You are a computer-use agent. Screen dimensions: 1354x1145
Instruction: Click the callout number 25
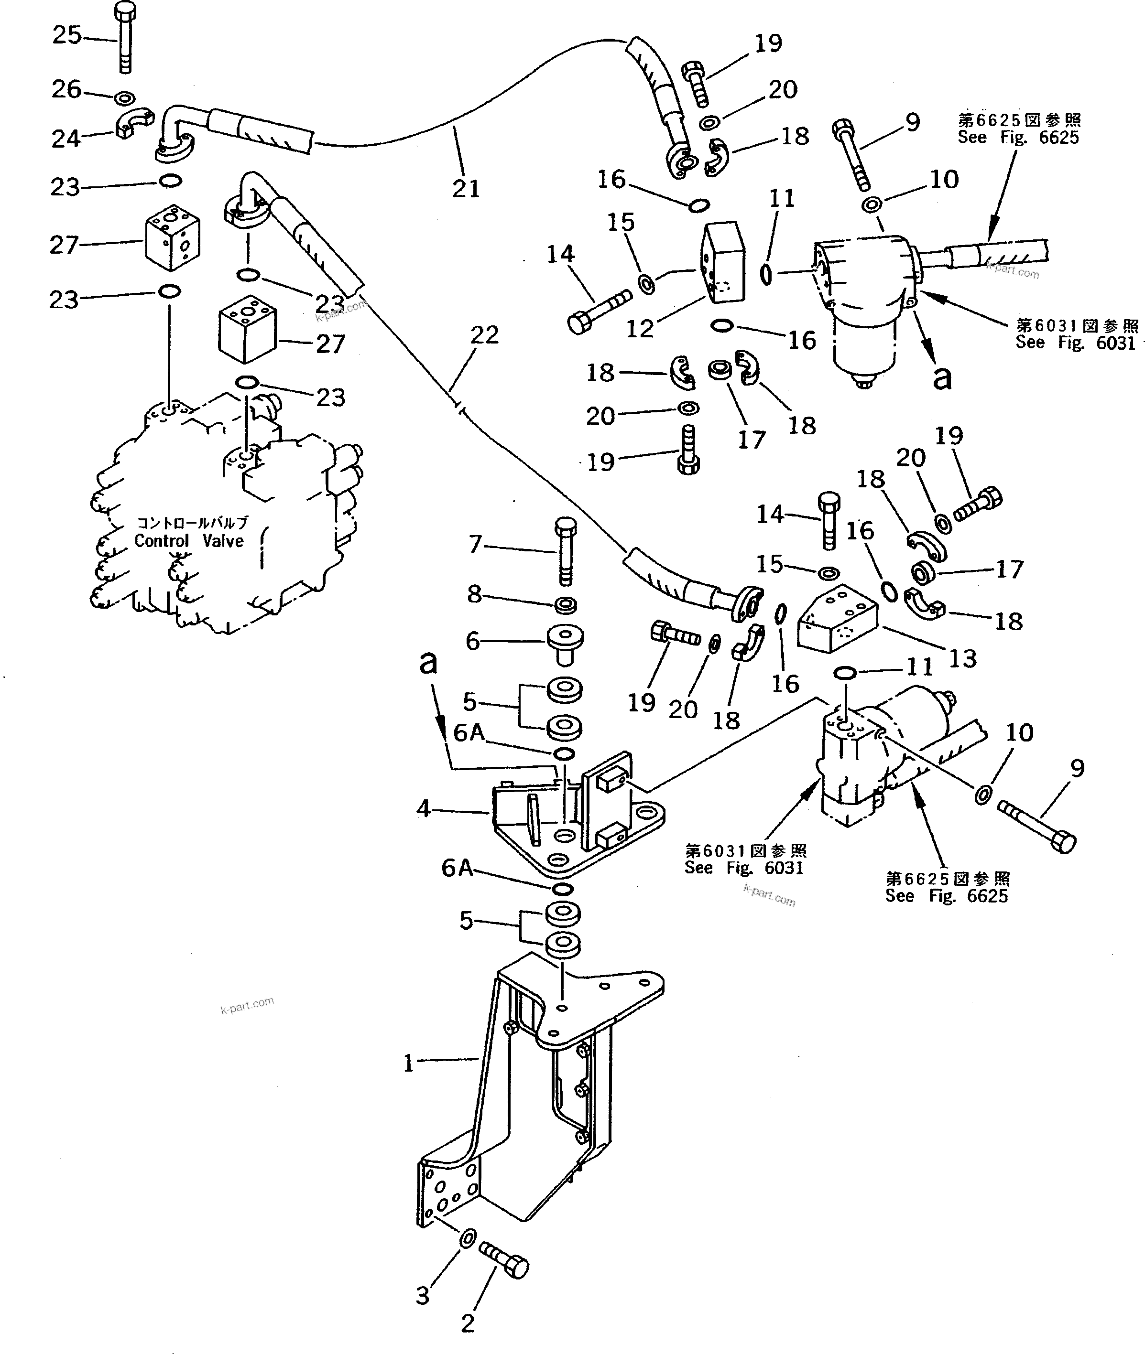[67, 35]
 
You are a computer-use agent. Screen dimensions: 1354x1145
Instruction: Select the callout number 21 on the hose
[465, 189]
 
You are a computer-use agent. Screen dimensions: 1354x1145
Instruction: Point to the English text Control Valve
[189, 541]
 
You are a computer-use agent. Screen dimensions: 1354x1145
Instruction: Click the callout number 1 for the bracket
[408, 1064]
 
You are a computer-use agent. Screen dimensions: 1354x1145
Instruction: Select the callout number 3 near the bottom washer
[423, 1296]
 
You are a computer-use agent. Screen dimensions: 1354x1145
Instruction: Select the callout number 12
[639, 329]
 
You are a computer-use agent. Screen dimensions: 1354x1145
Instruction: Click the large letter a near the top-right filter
[941, 377]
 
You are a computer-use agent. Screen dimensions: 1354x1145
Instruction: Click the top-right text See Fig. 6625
[1018, 137]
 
